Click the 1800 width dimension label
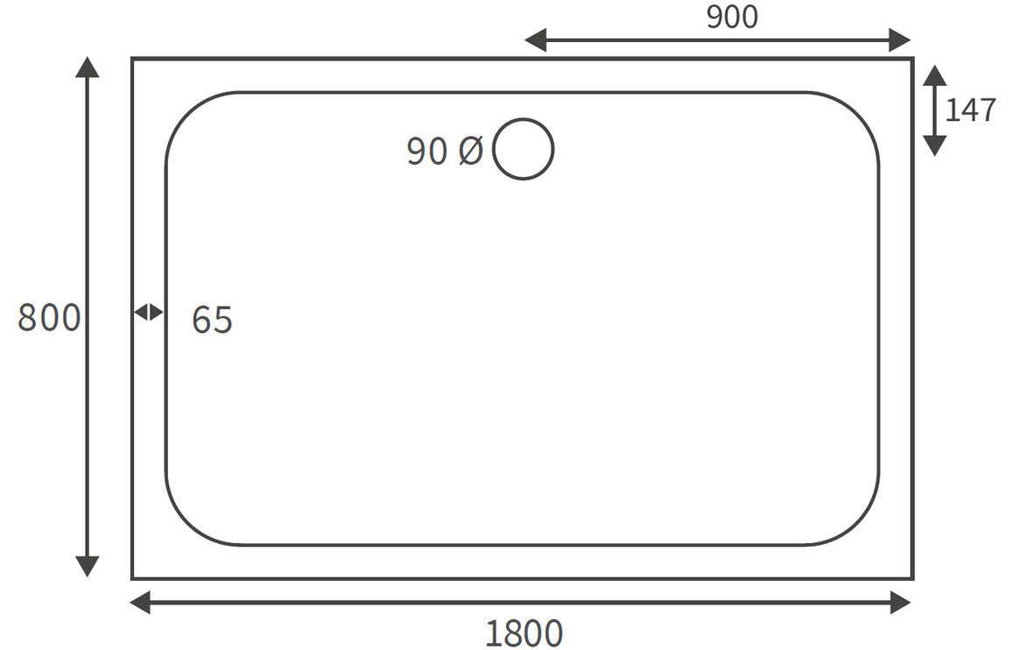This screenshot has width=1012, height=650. pos(524,632)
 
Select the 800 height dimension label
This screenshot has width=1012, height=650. pos(49,317)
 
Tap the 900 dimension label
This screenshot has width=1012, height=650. pos(732,17)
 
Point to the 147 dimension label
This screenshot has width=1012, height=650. pos(971,110)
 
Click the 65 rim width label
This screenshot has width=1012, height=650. pos(212,320)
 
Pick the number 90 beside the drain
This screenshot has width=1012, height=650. pos(427,152)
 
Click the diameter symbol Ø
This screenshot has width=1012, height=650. pos(470,152)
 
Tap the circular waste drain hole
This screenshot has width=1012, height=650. pos(524,149)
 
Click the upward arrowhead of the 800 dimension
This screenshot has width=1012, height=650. pos(87,67)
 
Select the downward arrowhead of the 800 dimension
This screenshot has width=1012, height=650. pos(87,566)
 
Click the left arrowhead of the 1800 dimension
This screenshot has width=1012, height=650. pos(141,602)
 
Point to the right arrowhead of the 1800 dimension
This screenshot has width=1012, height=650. pos(901,602)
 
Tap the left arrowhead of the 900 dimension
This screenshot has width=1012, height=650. pos(535,39)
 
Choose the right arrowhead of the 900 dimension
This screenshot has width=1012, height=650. pos(901,39)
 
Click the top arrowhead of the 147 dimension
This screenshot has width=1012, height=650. pos(934,75)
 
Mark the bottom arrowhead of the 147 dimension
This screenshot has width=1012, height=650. pos(934,145)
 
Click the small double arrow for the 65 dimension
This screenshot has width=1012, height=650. pos(149,312)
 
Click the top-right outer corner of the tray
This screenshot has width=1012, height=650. pos(912,59)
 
